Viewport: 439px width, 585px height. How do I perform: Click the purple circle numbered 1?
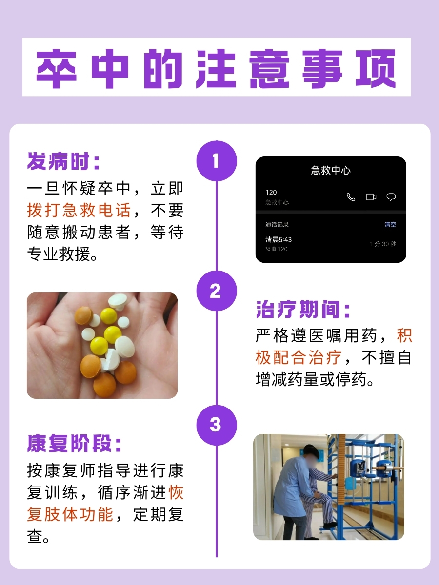216,161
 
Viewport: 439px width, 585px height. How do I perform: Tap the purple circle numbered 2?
216,291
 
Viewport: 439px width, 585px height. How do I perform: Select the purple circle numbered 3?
216,425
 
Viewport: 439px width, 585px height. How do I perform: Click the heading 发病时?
63,161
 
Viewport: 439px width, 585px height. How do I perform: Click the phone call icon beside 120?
351,197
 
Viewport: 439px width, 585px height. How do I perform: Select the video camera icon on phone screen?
371,197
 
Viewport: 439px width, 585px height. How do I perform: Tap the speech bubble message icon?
391,197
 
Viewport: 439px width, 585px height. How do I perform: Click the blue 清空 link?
390,225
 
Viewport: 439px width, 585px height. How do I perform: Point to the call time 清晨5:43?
279,240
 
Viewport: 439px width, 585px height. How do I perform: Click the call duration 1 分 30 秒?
383,244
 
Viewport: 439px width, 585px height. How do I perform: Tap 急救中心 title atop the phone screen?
331,171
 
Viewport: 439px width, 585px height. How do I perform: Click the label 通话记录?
277,225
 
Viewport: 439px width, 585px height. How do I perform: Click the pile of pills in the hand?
105,344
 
